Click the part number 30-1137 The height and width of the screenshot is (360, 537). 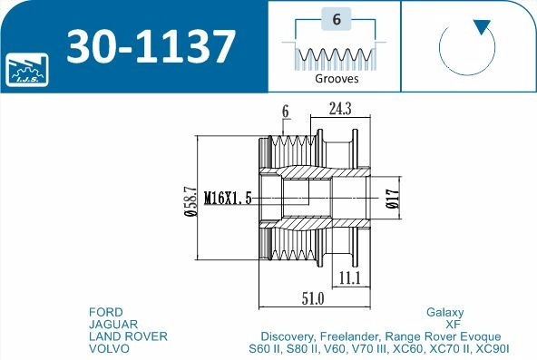pos(151,45)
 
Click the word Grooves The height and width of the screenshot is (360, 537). pos(337,78)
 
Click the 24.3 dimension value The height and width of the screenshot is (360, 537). pos(340,110)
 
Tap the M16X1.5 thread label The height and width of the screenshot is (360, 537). pos(228,198)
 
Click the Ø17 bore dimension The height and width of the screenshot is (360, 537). pos(391,198)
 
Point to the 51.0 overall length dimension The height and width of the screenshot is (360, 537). pos(313,297)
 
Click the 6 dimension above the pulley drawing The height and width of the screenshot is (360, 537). pos(285,111)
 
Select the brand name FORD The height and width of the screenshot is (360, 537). pos(106,311)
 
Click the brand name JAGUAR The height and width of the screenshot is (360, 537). pos(113,323)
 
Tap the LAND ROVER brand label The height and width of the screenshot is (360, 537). pos(128,336)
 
